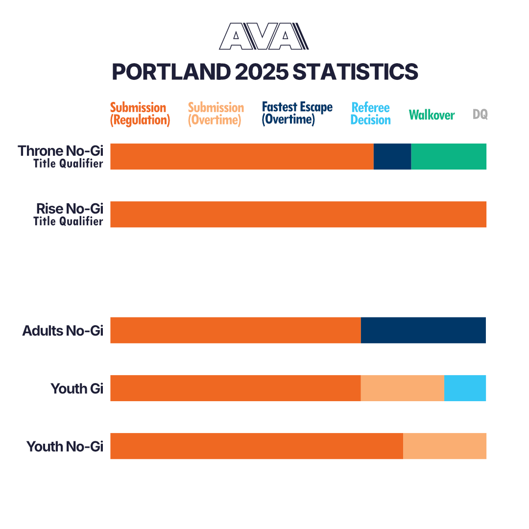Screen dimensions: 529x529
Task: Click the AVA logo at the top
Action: pos(264,36)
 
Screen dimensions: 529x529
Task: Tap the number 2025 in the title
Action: pos(261,72)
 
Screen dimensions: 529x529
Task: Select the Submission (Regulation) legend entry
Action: pos(140,114)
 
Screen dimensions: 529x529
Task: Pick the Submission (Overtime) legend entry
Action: pos(216,114)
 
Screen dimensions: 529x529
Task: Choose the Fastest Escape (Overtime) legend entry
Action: pos(297,113)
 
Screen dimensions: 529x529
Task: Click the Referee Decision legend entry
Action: pos(371,114)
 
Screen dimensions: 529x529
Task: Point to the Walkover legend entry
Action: pos(432,115)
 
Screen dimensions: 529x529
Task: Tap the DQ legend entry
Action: pos(480,115)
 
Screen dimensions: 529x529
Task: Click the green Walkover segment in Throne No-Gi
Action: pos(448,156)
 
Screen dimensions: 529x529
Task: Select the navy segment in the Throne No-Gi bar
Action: pos(392,156)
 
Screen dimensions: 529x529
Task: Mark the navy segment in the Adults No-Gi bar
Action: pos(423,330)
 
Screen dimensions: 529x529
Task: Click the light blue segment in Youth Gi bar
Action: pos(465,388)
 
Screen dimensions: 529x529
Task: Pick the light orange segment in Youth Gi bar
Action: pos(402,388)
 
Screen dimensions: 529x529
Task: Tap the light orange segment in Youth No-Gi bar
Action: pos(444,446)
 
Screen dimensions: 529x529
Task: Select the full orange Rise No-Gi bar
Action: pos(298,214)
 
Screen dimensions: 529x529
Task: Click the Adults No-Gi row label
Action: pos(63,331)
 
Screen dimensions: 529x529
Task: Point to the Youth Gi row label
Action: pos(77,388)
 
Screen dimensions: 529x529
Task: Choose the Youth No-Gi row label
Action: pos(65,446)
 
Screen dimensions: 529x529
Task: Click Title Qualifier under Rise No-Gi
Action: pos(68,221)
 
